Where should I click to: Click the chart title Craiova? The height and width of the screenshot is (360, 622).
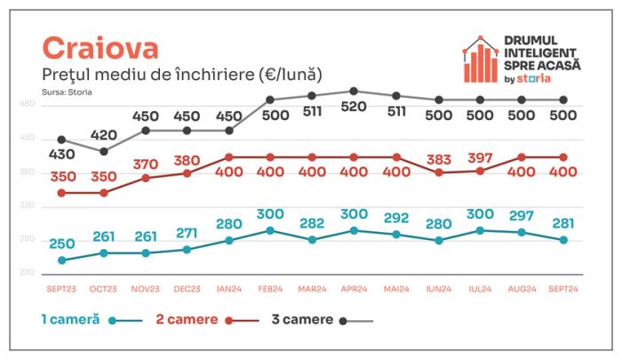100,48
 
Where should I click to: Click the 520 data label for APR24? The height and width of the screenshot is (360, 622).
354,107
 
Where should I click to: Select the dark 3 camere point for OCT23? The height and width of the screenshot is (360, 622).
104,151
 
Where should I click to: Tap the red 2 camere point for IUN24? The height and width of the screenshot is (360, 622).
439,172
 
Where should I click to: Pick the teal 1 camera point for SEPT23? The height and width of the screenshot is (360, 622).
62,260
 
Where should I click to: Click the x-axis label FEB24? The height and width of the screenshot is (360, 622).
270,289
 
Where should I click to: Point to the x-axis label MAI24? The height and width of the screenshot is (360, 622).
396,289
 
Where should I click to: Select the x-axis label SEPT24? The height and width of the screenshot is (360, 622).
563,289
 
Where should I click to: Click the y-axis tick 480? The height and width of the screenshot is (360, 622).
27,104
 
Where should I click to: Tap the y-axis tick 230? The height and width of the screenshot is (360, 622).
27,272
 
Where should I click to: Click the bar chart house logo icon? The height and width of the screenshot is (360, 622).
481,60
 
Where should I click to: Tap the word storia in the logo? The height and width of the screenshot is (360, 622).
533,78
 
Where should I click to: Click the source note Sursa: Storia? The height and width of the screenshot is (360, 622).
67,92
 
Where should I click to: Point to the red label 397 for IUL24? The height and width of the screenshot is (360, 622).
480,158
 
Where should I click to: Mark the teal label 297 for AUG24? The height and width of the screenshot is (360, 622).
522,216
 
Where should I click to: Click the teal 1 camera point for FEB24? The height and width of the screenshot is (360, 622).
270,230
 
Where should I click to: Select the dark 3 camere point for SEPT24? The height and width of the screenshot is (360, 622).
563,100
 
